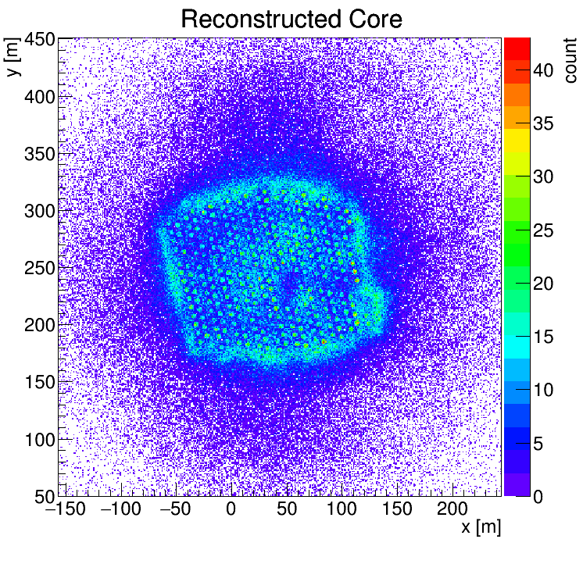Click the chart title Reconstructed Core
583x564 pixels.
click(x=291, y=19)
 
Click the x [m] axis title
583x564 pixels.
click(x=480, y=528)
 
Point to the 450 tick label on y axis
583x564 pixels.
click(x=37, y=39)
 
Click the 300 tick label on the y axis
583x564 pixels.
click(x=37, y=211)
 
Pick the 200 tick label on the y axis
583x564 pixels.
click(x=37, y=325)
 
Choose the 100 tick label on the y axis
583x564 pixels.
click(x=37, y=439)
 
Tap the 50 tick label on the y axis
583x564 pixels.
click(x=42, y=496)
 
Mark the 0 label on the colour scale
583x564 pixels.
click(x=538, y=496)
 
